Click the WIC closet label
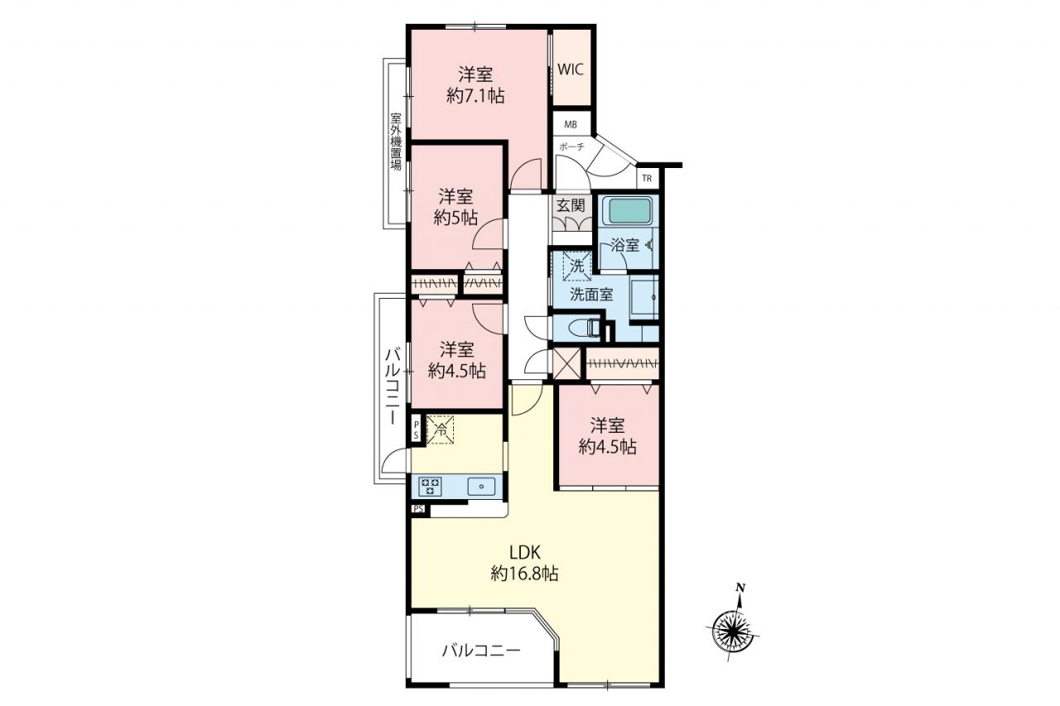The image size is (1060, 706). (571, 69)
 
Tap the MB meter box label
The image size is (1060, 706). (571, 125)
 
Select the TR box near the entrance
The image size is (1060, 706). (647, 179)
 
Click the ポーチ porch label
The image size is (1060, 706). (571, 146)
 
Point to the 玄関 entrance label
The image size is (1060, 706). (571, 206)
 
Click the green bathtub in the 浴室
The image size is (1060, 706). (629, 211)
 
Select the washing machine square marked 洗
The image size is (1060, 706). (577, 267)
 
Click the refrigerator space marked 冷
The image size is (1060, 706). (441, 430)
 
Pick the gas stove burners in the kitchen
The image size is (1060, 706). (430, 486)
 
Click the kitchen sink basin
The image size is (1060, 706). (482, 486)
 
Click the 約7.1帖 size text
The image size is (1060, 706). (475, 97)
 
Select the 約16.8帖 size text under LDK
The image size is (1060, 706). (525, 574)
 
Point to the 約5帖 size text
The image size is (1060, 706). (455, 218)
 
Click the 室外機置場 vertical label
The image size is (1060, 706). (396, 141)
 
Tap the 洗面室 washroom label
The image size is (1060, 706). (591, 295)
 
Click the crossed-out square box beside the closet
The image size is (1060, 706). (567, 363)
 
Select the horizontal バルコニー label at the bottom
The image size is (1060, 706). (482, 651)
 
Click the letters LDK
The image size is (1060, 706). (525, 552)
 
